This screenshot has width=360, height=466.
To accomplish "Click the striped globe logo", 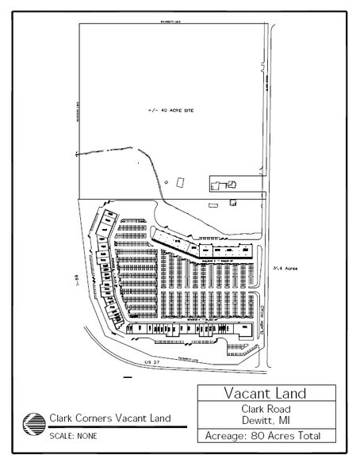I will [35, 422].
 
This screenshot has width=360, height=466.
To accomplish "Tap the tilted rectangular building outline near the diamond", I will [181, 181].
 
